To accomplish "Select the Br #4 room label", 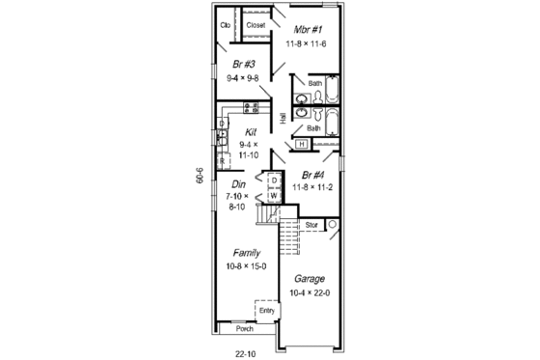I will [313, 176].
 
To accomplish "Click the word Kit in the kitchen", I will [251, 132].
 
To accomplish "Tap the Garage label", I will [309, 279].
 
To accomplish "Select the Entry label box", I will [267, 311].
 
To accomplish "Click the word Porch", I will [245, 329].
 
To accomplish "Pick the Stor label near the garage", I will [310, 225].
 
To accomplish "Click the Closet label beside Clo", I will [256, 25].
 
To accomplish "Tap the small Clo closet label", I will [226, 25].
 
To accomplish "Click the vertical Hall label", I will [283, 120].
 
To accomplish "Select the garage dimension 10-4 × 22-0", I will [309, 293].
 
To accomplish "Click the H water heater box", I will [301, 144].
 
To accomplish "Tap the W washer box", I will [274, 195].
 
